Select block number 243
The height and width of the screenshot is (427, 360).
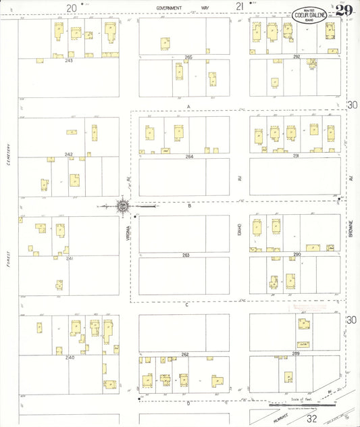pos(68,60)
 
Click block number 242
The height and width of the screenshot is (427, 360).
pos(68,155)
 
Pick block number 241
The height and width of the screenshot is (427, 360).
pos(68,258)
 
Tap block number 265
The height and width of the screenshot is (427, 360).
pos(188,57)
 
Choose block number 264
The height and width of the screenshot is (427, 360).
pos(190,156)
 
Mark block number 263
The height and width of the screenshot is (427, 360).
pos(185,255)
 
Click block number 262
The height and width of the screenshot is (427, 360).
pos(184,354)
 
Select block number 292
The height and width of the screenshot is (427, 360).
pos(296,57)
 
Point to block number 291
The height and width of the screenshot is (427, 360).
pos(296,156)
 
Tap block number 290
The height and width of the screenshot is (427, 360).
pos(296,255)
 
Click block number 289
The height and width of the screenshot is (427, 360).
pos(296,353)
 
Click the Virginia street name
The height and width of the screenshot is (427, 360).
pos(126,233)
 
